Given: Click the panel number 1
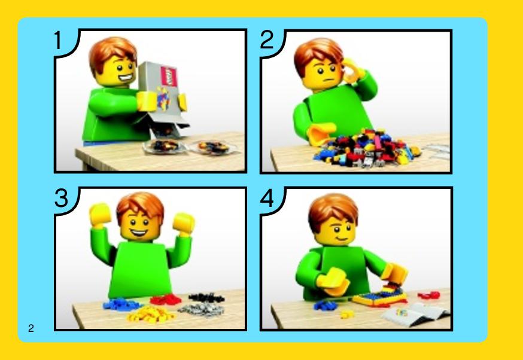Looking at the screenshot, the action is pyautogui.click(x=59, y=41).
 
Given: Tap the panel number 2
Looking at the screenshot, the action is pyautogui.click(x=267, y=40).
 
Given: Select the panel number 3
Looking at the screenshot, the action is pyautogui.click(x=62, y=199).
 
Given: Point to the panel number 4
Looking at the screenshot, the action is pyautogui.click(x=267, y=199).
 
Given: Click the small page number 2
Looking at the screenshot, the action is pyautogui.click(x=31, y=328).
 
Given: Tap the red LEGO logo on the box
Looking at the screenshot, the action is pyautogui.click(x=169, y=77).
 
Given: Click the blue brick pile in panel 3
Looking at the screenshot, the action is pyautogui.click(x=121, y=304).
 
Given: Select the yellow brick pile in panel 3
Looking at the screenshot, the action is pyautogui.click(x=150, y=315).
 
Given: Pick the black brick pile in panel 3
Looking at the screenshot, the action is pyautogui.click(x=206, y=297).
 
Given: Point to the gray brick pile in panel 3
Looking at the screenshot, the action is pyautogui.click(x=201, y=310).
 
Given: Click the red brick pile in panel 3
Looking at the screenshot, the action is pyautogui.click(x=166, y=300).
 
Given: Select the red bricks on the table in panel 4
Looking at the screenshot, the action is pyautogui.click(x=428, y=295).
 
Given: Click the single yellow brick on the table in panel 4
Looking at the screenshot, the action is pyautogui.click(x=347, y=314).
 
